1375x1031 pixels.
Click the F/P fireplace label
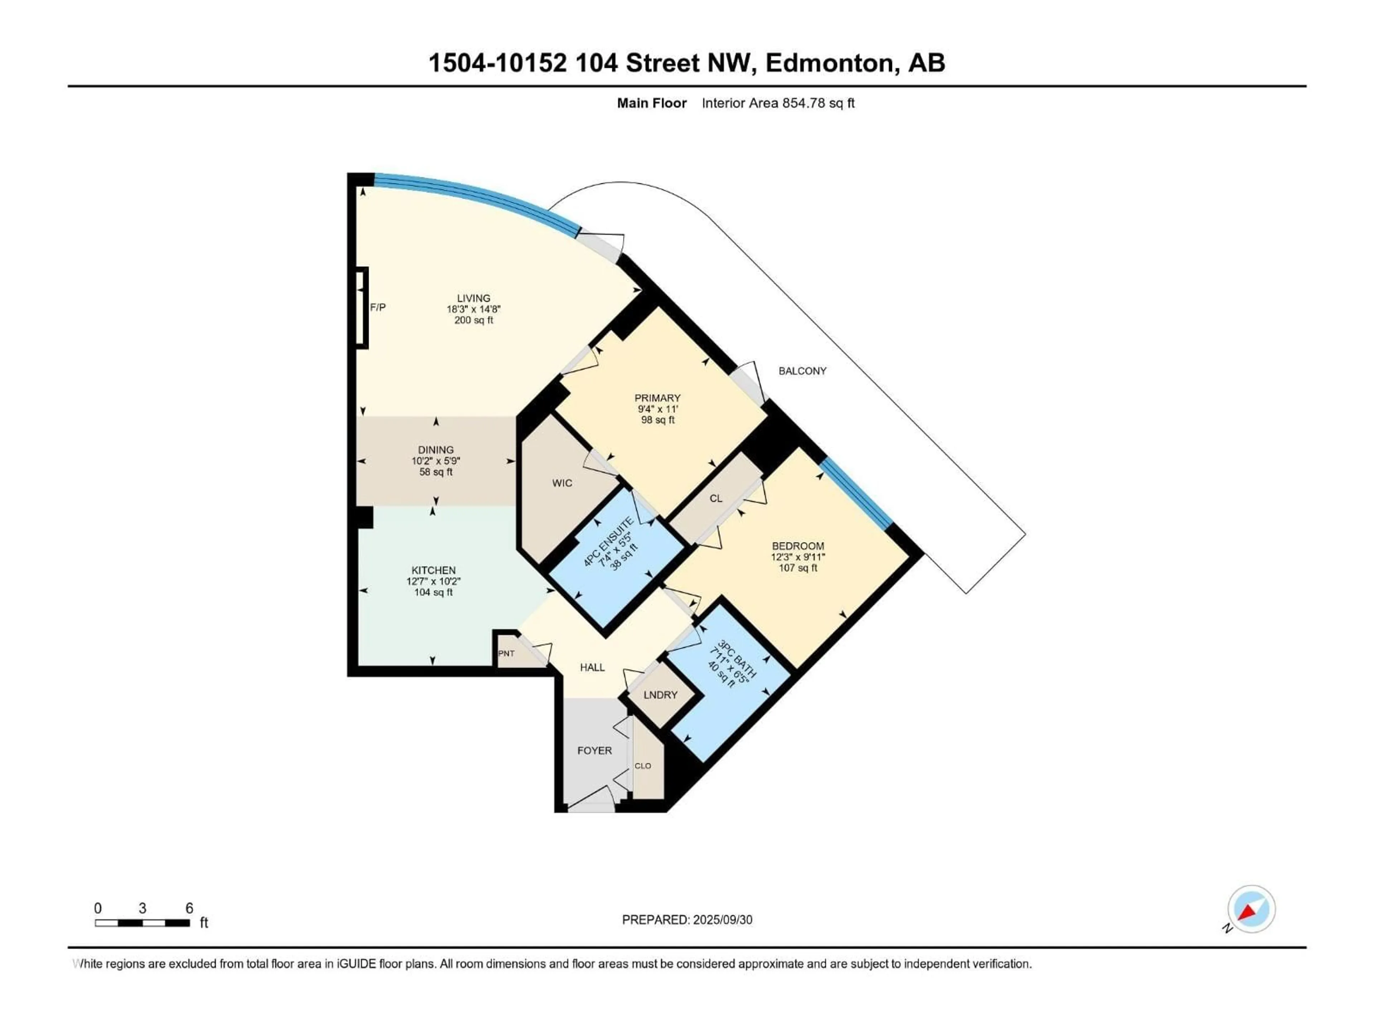click(378, 307)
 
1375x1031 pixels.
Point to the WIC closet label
click(562, 483)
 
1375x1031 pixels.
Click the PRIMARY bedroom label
click(657, 398)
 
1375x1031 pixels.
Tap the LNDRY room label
click(660, 695)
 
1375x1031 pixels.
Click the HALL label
click(592, 667)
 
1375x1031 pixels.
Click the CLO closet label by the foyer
click(643, 766)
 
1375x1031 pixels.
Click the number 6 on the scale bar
click(189, 908)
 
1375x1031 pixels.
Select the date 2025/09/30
click(723, 920)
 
